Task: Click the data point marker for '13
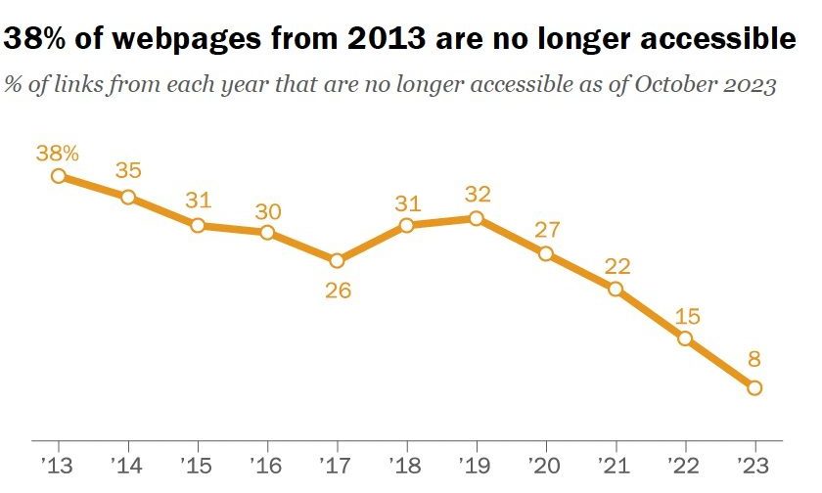click(59, 176)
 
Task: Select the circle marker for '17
click(337, 261)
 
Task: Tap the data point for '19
click(476, 218)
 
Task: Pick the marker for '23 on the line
click(753, 388)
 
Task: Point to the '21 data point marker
click(615, 289)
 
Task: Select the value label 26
click(337, 291)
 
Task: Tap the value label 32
click(476, 193)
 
